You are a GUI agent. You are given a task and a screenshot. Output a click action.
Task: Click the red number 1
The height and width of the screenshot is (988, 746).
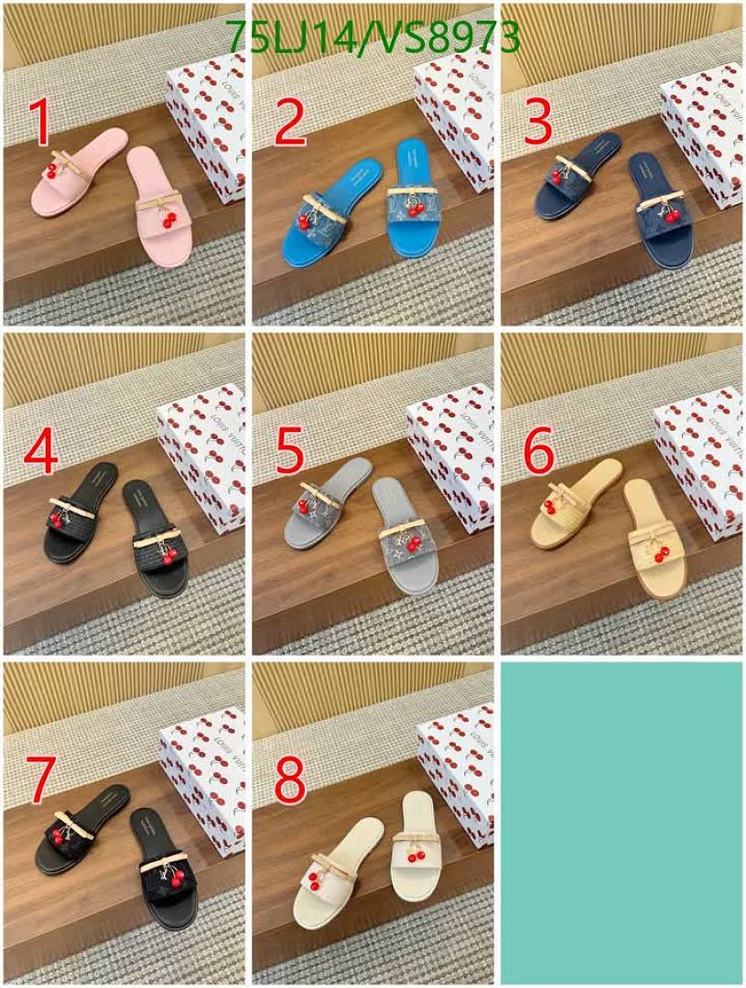(38, 123)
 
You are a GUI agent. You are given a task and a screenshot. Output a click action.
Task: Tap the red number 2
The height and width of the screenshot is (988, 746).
(289, 123)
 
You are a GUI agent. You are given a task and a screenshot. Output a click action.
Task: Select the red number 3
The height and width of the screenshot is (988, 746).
(537, 123)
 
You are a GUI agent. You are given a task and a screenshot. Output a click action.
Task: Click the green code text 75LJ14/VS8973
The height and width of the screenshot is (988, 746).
(373, 38)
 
